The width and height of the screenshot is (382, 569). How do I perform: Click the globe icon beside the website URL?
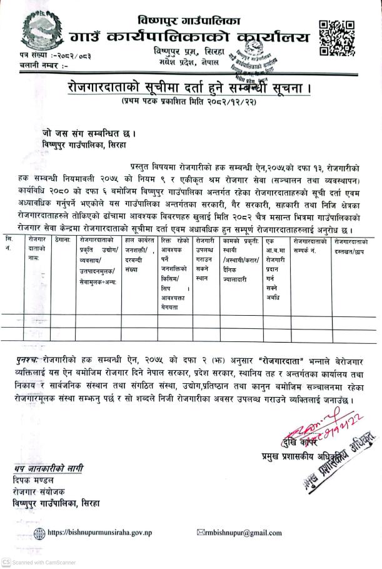coord(39,533)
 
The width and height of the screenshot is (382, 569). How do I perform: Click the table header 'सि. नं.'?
coord(8,244)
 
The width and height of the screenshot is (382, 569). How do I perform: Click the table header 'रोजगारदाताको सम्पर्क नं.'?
coord(311,244)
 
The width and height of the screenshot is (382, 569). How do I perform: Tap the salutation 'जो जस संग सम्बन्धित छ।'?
coord(83,133)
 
